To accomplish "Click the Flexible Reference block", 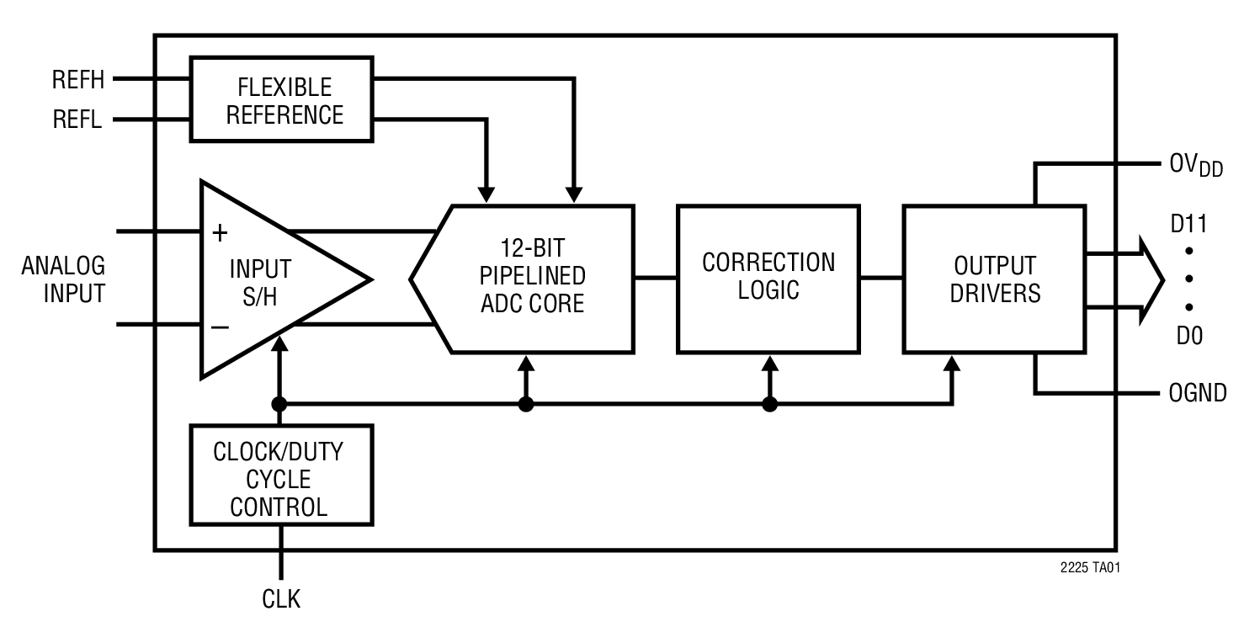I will point(282,98).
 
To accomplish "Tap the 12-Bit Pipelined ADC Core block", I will point(530,278).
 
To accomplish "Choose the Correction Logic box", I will point(768,278).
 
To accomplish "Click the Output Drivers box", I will point(994,278).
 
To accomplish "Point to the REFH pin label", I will point(77,80).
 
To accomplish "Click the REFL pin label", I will point(77,120).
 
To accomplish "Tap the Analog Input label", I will point(64,279).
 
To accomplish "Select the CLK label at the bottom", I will point(280,599).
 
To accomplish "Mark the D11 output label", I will point(1188,225).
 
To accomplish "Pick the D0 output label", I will point(1189,337).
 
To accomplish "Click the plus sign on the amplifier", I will point(220,233).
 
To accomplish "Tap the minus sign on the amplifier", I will point(220,327).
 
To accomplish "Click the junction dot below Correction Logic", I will point(769,405).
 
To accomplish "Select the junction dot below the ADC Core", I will point(526,405).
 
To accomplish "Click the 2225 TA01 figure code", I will point(1090,568).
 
